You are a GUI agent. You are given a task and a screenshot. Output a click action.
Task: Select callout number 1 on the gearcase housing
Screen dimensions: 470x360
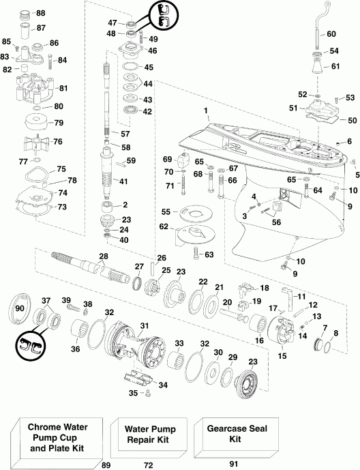205,110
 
